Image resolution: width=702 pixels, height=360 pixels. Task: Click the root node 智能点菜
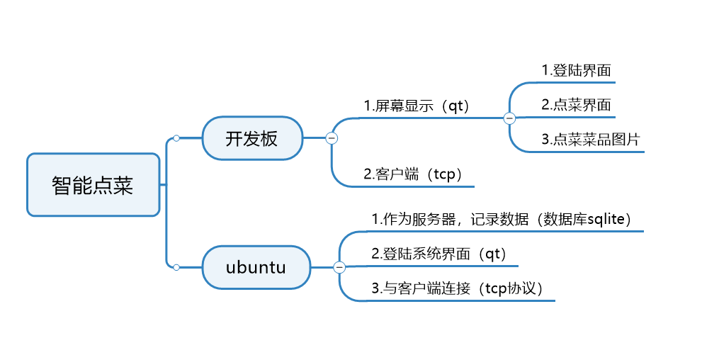click(93, 185)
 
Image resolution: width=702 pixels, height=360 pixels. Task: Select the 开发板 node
click(252, 138)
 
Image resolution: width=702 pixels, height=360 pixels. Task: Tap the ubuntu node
click(256, 267)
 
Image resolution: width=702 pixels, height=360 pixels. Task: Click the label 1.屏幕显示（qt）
click(417, 106)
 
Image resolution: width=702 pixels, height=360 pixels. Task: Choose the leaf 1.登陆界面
click(576, 70)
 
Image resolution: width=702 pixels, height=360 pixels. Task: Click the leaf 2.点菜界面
click(576, 105)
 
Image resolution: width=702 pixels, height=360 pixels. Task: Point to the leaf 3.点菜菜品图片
click(590, 140)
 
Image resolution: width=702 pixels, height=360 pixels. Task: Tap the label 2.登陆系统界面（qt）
click(439, 254)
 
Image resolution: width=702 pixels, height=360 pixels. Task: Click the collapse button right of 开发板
click(331, 138)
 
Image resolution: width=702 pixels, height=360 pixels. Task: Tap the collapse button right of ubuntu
click(339, 267)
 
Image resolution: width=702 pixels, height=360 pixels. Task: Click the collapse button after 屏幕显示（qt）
click(509, 118)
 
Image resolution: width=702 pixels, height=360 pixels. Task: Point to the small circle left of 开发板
click(176, 138)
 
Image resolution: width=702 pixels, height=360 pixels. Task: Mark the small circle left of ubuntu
click(176, 267)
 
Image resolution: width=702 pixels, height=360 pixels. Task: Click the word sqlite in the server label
click(609, 219)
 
